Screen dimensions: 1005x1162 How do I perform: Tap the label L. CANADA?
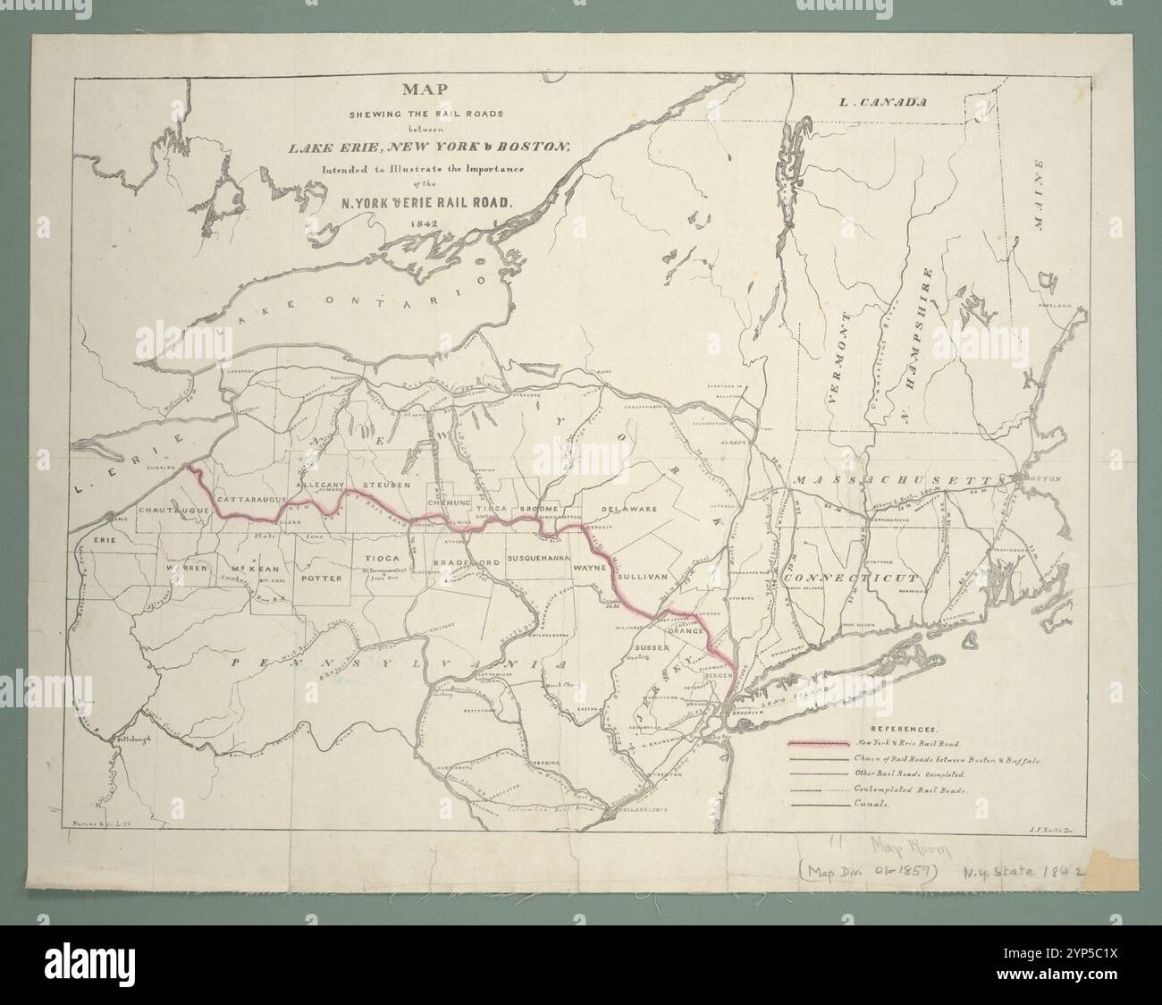click(880, 103)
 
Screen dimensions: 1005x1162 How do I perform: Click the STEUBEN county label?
click(386, 484)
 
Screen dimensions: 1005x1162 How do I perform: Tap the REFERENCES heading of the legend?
click(908, 730)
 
